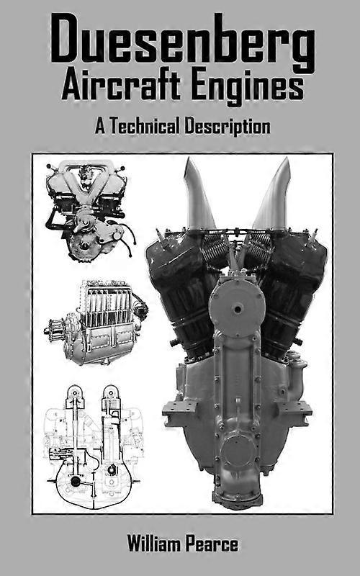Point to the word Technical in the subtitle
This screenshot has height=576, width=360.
(x=145, y=126)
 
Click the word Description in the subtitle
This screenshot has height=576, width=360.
(x=227, y=127)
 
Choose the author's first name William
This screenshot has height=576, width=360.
(x=153, y=544)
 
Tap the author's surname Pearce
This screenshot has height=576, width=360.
(x=211, y=544)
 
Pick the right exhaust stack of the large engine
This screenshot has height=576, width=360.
(x=272, y=194)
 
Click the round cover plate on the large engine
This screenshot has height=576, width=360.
(x=237, y=309)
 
